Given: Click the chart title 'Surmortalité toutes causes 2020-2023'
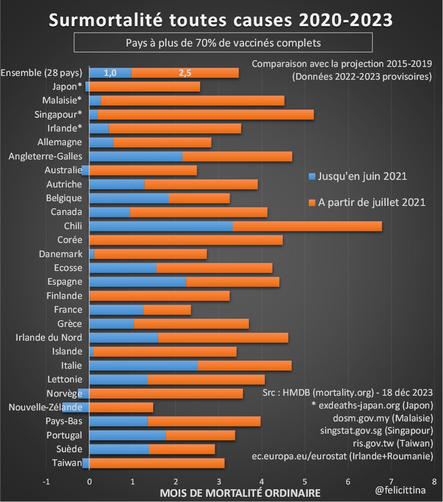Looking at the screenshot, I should coord(221,20).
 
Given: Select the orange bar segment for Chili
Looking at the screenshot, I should coord(307,226).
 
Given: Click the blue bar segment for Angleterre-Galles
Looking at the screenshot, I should coord(136,156).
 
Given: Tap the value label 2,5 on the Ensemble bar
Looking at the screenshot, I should coord(185,73).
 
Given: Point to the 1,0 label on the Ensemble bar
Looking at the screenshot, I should coord(110,73).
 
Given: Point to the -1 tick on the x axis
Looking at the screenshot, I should coord(46,482).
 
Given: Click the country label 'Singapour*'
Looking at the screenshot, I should coord(58,114).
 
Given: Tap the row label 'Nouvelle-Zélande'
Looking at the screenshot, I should coord(46,407).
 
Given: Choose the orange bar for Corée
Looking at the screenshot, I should coord(186,240).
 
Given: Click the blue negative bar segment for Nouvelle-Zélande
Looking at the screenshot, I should coord(76,407).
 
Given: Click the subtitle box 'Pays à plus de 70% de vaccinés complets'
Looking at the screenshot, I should coord(223,43).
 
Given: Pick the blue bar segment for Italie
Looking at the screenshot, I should coord(143,365).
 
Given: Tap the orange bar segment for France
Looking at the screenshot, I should coord(167,310).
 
